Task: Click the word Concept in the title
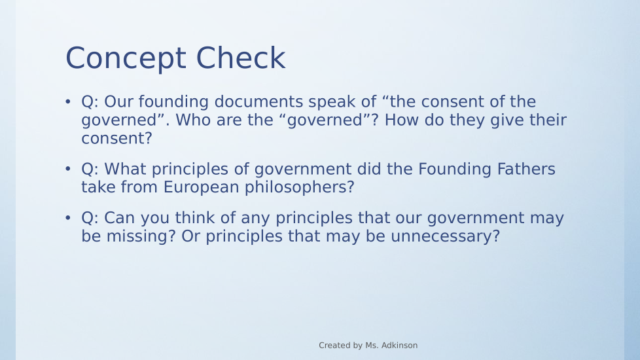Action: point(126,59)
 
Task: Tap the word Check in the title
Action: point(241,58)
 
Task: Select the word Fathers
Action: point(526,169)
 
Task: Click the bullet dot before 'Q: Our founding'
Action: point(68,101)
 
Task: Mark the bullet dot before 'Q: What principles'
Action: point(68,169)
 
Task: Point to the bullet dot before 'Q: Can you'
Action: point(68,217)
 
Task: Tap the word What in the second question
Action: point(125,169)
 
